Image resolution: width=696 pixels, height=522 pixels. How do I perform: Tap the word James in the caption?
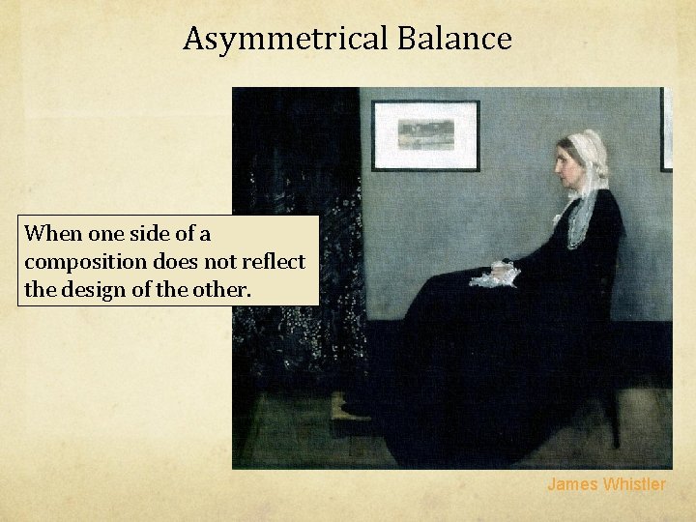coord(573,484)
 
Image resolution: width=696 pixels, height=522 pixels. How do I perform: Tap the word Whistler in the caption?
coord(635,484)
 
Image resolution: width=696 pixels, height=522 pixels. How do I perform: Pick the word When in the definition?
coord(52,234)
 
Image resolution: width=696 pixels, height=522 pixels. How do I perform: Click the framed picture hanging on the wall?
coord(425,135)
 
